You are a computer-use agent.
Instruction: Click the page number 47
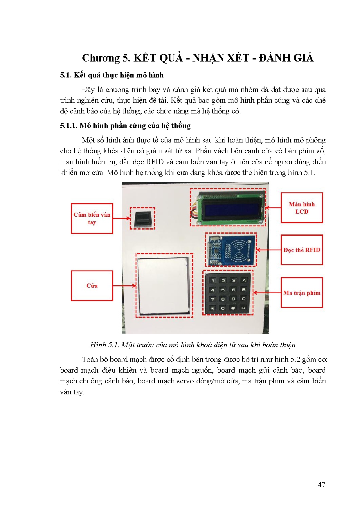tap(321, 484)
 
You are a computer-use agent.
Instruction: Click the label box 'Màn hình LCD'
tap(302, 208)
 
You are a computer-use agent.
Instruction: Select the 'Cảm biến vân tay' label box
tap(92, 219)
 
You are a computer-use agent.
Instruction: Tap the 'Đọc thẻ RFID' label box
tap(302, 250)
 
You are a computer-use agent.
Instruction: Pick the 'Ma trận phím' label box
tap(302, 293)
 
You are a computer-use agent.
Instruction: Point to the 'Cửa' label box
tap(92, 286)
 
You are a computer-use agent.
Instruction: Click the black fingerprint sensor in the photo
tap(142, 218)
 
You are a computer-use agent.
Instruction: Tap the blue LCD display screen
tap(232, 207)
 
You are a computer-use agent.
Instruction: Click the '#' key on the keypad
tap(233, 308)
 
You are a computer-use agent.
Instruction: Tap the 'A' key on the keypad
tap(244, 280)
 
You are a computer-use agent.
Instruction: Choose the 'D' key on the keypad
tap(243, 308)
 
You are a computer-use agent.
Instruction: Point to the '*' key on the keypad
tap(213, 308)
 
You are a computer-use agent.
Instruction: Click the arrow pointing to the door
tap(124, 286)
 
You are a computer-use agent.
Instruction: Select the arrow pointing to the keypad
tap(267, 293)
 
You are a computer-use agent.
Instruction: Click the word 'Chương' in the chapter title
tap(101, 58)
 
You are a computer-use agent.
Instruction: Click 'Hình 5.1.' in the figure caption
tap(105, 345)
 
